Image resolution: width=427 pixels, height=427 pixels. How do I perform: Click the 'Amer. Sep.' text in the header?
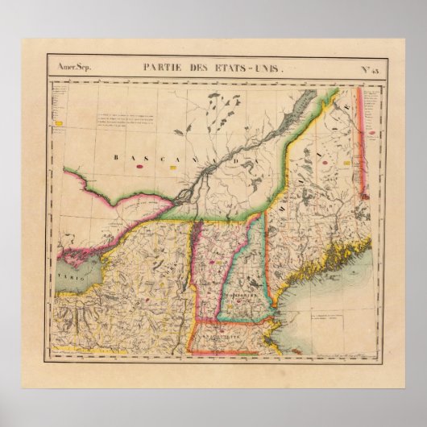[70, 68]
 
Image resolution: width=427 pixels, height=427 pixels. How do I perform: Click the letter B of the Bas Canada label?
[115, 157]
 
